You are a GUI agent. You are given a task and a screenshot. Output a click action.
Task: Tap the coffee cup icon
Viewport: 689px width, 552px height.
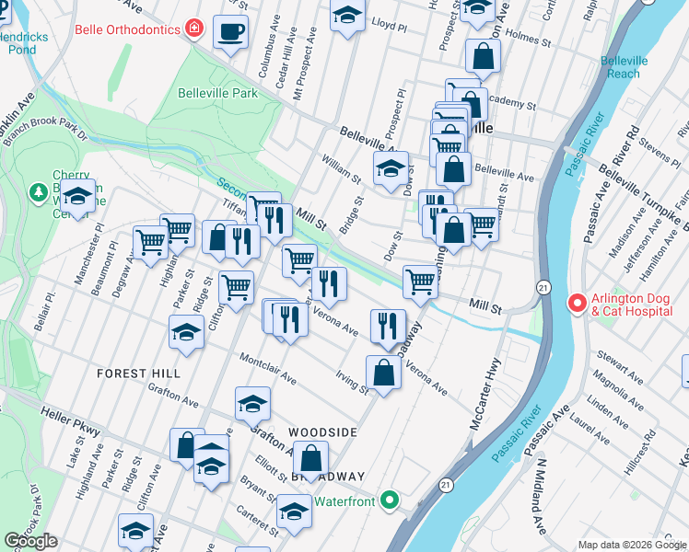229,33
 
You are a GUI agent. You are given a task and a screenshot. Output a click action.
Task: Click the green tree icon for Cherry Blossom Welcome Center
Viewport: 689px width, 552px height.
39,193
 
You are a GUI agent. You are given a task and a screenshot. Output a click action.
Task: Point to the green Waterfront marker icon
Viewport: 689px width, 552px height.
390,501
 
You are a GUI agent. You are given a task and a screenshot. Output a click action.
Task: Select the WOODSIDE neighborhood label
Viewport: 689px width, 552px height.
321,431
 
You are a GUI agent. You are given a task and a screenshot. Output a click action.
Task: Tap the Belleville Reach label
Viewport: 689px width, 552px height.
624,67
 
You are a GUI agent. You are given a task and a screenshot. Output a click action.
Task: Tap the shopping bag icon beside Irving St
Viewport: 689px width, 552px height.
383,373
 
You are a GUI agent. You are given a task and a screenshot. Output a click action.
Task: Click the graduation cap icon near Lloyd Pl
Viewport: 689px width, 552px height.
347,16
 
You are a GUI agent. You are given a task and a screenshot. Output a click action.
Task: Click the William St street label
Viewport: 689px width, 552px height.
340,167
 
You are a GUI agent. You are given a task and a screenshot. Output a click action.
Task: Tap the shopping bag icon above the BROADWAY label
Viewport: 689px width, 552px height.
311,456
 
